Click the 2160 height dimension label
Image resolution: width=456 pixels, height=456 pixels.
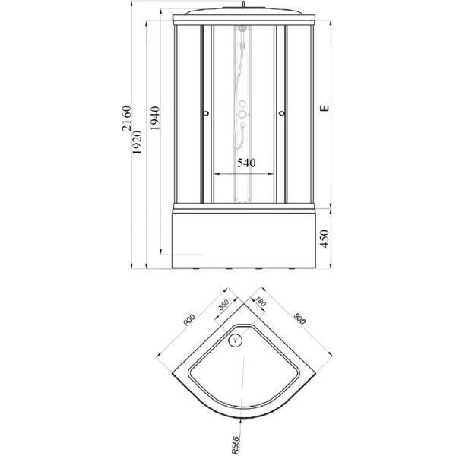[127, 119]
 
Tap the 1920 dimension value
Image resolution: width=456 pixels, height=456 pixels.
[137, 142]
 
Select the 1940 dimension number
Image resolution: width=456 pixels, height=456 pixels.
[155, 118]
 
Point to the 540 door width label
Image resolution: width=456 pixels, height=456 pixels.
[246, 163]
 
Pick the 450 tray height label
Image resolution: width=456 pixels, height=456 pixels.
[325, 239]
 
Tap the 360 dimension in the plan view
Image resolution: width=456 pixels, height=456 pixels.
[224, 305]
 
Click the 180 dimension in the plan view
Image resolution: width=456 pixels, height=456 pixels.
[260, 302]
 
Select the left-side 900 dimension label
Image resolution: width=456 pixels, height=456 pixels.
[189, 320]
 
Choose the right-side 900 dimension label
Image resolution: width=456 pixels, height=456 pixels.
[299, 318]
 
